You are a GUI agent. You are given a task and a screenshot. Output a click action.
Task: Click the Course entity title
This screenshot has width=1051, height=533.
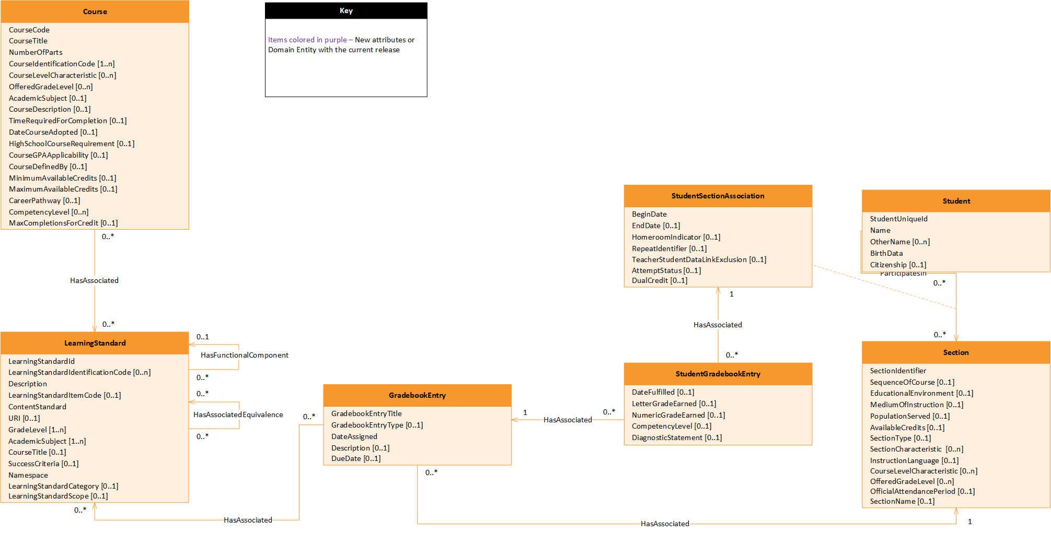95,11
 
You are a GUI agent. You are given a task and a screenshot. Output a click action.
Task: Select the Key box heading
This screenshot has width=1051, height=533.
346,10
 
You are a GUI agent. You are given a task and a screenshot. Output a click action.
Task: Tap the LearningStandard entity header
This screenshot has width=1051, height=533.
95,343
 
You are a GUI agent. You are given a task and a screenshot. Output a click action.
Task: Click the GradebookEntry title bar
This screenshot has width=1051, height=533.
417,395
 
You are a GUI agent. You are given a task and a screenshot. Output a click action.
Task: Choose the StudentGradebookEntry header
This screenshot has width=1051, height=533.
718,374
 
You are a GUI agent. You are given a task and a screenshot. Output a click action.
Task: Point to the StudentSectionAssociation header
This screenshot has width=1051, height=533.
718,196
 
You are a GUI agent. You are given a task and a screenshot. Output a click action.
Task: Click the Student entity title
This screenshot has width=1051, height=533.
956,201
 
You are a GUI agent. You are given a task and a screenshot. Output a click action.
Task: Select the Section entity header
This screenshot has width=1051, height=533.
956,352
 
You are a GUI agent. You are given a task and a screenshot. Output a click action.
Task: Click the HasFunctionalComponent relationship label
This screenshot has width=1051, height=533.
244,355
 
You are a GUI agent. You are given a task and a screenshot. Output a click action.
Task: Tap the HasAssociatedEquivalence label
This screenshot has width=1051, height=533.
238,414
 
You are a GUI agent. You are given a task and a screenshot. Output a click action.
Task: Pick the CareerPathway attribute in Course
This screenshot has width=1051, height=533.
44,200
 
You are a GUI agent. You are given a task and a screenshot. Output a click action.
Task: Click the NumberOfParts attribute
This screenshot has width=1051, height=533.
36,52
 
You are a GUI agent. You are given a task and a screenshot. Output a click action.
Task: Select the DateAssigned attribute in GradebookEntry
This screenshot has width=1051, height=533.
354,436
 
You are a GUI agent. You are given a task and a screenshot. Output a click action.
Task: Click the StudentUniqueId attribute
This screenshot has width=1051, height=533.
898,219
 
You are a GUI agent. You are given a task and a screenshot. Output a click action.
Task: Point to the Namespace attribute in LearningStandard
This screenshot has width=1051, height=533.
28,475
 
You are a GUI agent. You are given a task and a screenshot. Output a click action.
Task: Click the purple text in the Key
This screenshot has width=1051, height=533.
307,40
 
